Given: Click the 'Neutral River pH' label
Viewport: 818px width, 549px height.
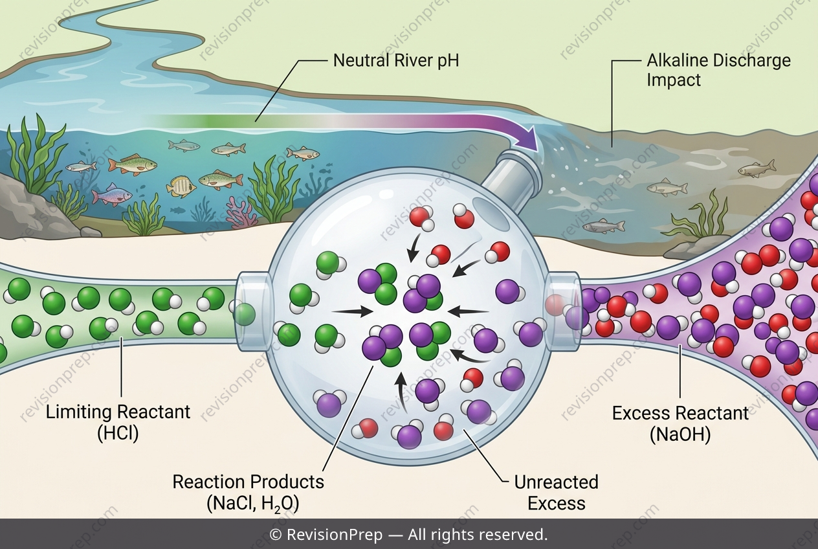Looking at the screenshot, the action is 396,61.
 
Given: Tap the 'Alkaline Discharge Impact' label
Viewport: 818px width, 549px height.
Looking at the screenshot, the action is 718,70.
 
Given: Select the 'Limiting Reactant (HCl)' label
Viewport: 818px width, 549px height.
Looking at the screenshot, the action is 118,423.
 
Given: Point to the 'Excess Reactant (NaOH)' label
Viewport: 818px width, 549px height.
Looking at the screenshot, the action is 680,423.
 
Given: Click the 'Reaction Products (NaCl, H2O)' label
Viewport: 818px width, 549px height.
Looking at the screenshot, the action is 249,493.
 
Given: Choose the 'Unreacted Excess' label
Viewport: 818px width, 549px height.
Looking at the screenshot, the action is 556,493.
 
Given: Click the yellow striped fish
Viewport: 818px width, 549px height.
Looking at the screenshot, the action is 181,186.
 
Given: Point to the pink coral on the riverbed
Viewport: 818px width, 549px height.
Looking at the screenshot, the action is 240,212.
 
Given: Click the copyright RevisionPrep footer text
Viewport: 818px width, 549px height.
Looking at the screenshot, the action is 408,535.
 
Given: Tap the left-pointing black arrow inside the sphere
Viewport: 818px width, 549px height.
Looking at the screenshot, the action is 468,311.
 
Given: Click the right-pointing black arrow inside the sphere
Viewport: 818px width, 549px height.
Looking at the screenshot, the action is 352,311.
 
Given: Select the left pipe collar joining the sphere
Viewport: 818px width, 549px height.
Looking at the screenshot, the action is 254,311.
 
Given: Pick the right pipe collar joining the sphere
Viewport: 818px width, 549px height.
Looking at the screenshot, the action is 562,311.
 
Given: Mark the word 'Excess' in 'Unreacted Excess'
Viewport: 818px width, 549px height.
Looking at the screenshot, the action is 556,503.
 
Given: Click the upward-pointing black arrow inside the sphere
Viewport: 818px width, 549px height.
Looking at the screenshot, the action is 402,393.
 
